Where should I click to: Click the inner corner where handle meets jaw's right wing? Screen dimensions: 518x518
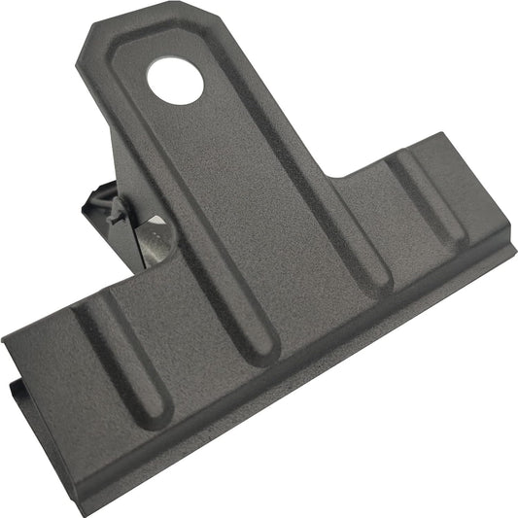pyautogui.click(x=336, y=176)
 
